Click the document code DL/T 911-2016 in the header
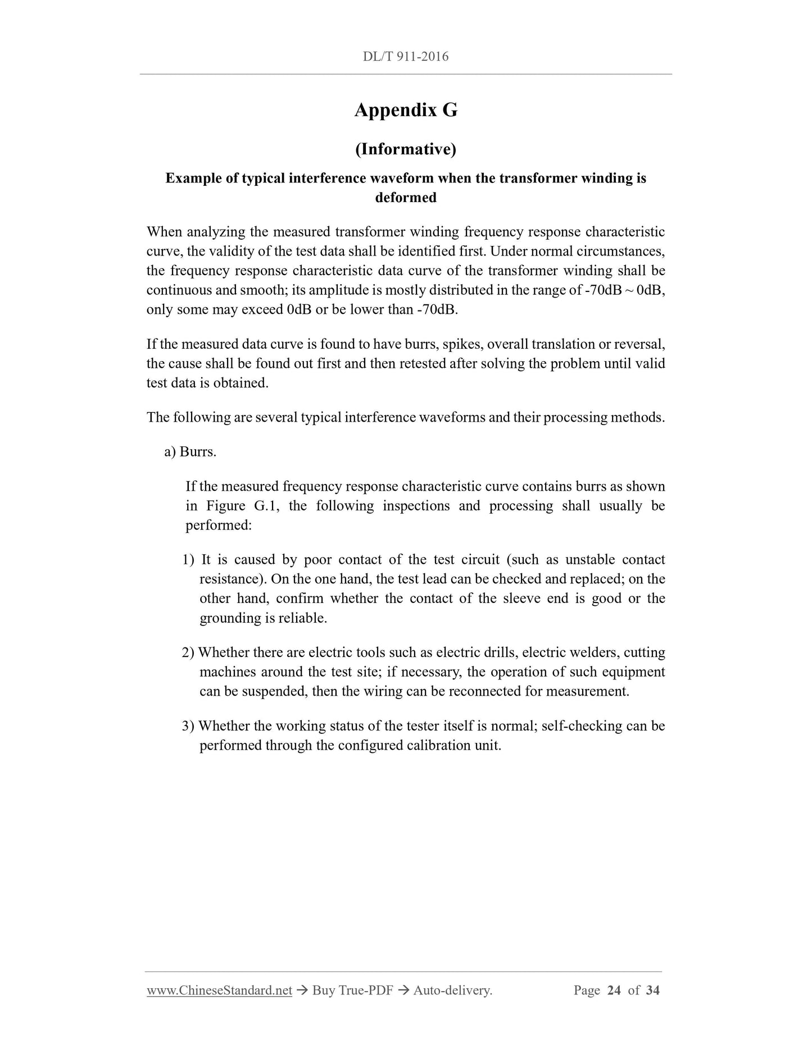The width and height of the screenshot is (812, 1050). click(x=406, y=57)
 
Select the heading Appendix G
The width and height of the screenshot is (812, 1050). click(x=406, y=110)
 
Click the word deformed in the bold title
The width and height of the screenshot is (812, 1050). click(x=406, y=198)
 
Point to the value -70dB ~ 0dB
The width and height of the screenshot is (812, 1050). click(x=625, y=290)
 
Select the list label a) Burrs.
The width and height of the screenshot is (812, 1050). click(x=190, y=451)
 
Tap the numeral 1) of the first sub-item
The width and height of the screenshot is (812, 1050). click(x=188, y=559)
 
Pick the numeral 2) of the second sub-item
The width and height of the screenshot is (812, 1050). click(x=188, y=652)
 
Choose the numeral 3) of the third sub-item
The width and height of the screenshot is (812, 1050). click(x=188, y=725)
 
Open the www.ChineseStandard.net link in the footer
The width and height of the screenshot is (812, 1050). click(x=219, y=990)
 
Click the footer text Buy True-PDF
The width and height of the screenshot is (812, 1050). click(x=352, y=990)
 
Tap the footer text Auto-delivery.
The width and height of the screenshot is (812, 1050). click(x=452, y=990)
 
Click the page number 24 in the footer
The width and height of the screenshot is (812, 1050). click(x=614, y=990)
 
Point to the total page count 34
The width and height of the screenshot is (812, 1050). click(x=652, y=990)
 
